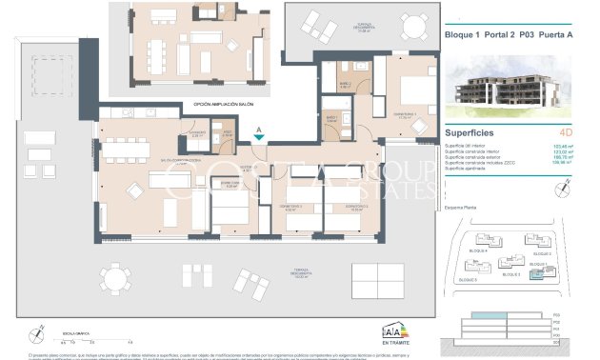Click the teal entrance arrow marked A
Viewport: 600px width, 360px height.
258,138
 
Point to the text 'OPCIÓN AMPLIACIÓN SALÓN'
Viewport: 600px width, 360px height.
230,104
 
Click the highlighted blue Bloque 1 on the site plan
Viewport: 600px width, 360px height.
541,274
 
